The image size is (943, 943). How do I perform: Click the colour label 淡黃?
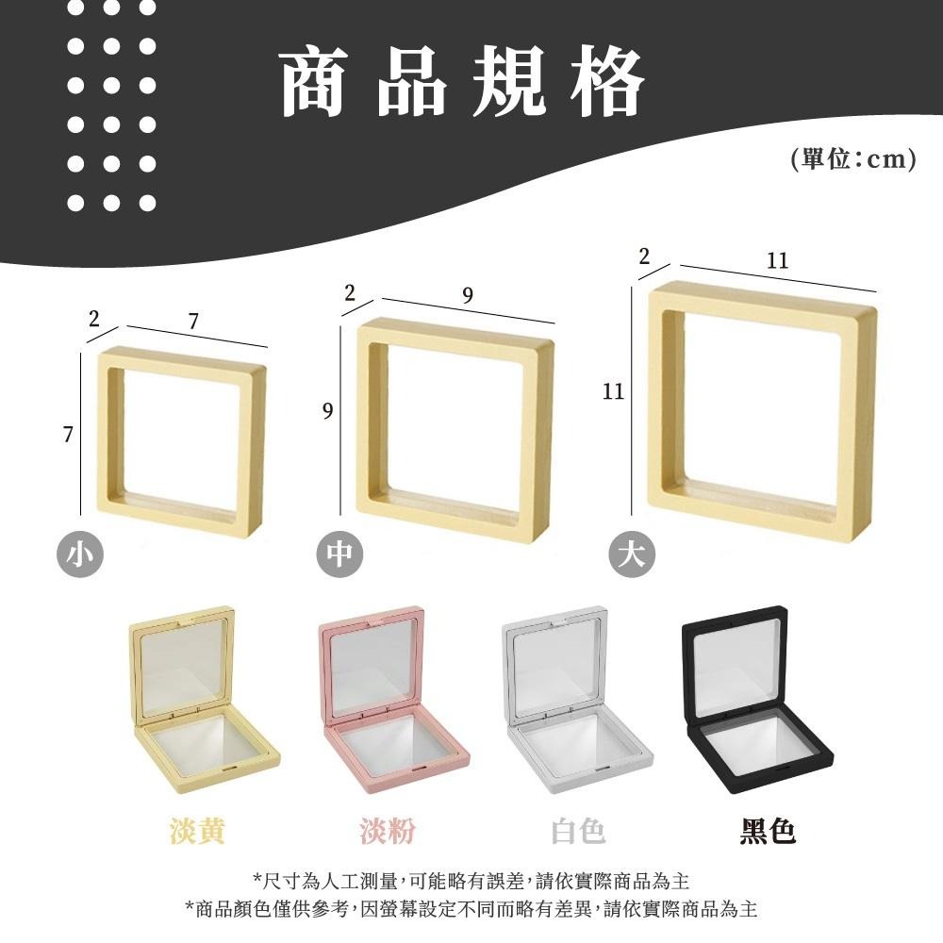[x=197, y=831]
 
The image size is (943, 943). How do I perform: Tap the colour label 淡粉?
[x=387, y=831]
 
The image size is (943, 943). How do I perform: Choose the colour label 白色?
[x=578, y=831]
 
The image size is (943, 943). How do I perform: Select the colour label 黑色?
[x=768, y=831]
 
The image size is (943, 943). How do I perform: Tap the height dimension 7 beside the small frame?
[x=67, y=435]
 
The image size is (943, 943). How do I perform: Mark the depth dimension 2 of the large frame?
[x=644, y=256]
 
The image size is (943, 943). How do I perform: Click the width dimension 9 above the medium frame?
[x=468, y=296]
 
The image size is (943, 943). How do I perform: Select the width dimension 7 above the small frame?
[x=193, y=322]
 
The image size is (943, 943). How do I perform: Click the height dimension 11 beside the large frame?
[x=614, y=391]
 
